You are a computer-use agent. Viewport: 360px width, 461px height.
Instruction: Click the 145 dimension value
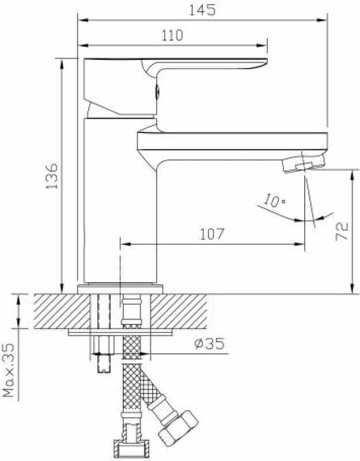202,10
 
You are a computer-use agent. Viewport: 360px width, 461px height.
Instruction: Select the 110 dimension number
172,35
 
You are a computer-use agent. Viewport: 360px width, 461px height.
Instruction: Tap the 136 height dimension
52,176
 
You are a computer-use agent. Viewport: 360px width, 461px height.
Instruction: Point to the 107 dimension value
212,234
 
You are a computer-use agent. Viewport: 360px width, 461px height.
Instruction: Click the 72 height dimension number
342,232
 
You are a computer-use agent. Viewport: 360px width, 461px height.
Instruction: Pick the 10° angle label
274,201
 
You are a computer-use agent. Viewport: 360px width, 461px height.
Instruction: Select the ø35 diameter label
209,343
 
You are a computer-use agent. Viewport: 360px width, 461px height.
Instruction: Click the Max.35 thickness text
9,370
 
